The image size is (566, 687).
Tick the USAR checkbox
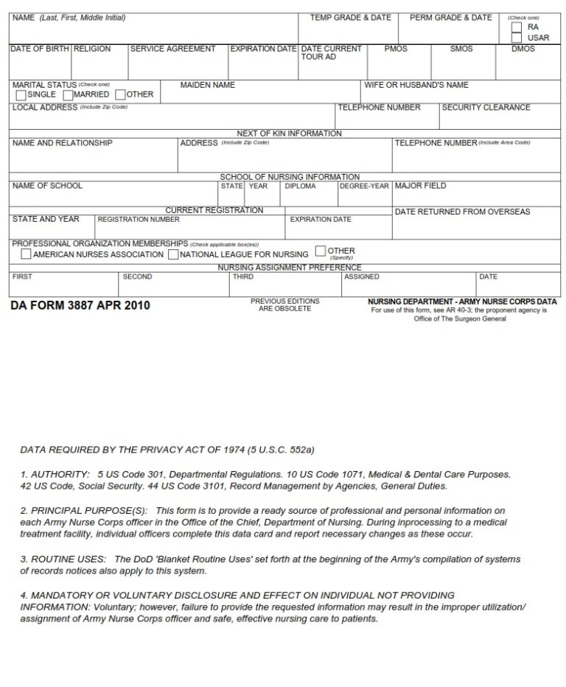(517, 38)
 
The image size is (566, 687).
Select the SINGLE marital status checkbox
(20, 95)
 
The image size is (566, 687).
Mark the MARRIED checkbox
(68, 95)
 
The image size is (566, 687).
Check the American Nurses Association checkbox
(26, 254)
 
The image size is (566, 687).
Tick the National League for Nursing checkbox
(173, 254)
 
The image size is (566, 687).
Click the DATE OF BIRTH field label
(40, 49)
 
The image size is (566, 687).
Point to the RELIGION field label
(92, 49)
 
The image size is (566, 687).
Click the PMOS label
(396, 49)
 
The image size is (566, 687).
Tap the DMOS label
(523, 49)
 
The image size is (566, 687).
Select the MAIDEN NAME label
(208, 86)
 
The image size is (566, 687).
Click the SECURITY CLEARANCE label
(486, 108)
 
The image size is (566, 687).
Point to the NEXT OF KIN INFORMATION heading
(289, 133)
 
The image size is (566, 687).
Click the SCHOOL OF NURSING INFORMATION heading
(290, 177)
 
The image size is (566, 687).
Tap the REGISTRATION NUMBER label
(139, 220)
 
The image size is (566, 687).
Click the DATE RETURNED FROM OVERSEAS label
(462, 212)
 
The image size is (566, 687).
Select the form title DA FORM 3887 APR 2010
(80, 305)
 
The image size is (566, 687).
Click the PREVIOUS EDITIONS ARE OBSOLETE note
(285, 304)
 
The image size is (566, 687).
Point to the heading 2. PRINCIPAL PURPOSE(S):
(84, 510)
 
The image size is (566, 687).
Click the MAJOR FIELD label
(420, 186)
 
